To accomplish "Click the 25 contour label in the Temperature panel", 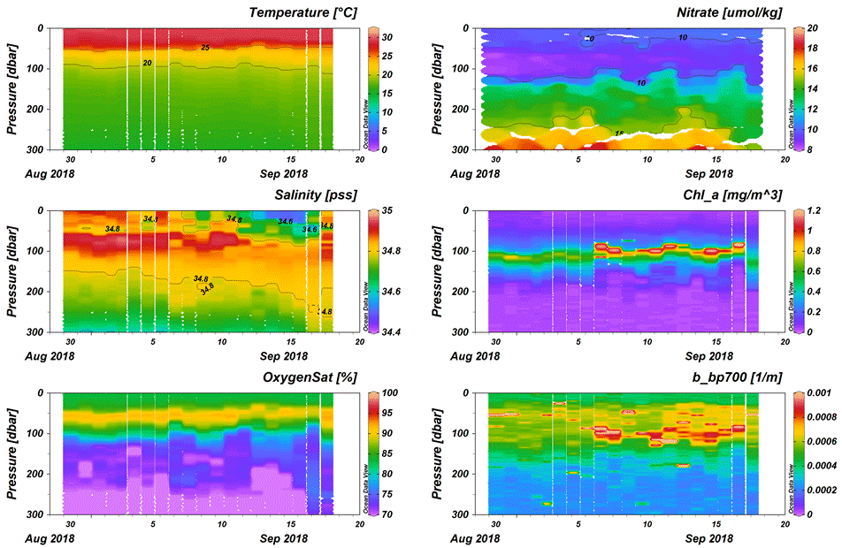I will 205,47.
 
